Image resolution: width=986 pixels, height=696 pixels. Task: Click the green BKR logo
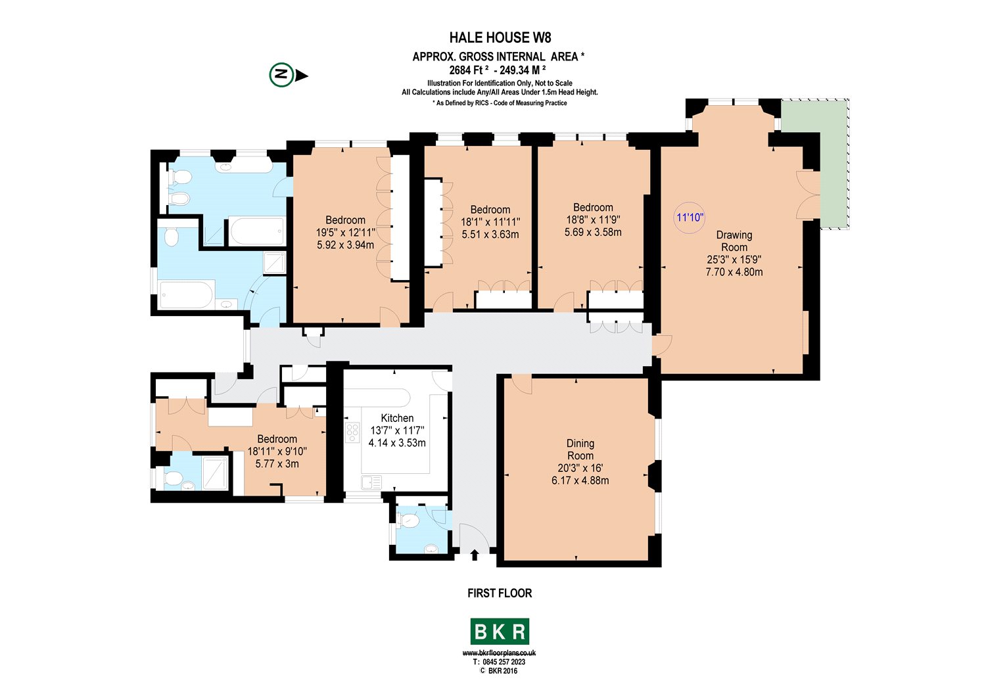[500, 632]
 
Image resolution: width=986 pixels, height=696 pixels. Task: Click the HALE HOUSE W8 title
[500, 37]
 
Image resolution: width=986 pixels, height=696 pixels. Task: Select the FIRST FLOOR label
[500, 593]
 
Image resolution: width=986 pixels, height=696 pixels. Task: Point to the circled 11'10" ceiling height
[690, 217]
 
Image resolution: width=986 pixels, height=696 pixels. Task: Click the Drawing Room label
[734, 241]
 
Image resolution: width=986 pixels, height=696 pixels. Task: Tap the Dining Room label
[580, 450]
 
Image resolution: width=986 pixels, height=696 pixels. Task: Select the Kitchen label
[397, 418]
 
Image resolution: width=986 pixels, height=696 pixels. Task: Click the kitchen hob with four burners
[353, 431]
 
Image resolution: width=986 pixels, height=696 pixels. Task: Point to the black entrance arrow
[475, 556]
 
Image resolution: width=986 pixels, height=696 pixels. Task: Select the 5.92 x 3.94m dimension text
[345, 244]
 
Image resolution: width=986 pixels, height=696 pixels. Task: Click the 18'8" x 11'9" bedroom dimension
[593, 220]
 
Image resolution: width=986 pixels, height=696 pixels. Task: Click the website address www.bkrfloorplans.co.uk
[500, 653]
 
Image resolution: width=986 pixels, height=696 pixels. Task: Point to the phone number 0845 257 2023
[504, 662]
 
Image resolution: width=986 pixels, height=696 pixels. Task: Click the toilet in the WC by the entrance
[410, 521]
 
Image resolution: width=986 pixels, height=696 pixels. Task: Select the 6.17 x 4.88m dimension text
[580, 480]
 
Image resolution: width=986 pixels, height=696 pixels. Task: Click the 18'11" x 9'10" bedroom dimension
[277, 452]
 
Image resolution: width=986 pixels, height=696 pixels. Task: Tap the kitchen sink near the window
[370, 482]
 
